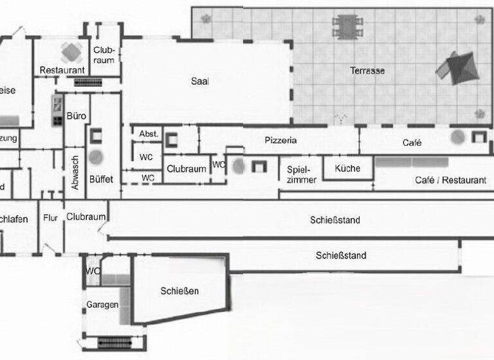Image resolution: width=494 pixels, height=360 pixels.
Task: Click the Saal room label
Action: click(200, 81)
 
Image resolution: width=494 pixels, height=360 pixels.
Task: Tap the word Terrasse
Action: click(368, 70)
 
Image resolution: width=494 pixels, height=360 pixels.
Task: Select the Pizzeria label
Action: click(280, 140)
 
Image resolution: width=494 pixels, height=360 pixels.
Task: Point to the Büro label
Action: click(76, 117)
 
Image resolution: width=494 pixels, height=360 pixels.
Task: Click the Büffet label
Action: click(101, 179)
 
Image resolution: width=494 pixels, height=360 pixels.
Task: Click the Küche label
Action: click(347, 168)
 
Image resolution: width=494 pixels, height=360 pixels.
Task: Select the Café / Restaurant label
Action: click(450, 181)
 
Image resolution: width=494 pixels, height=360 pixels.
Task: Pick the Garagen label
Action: click(102, 305)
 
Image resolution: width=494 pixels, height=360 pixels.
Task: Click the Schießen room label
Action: click(179, 291)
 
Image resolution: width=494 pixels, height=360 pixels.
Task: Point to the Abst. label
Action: click(149, 134)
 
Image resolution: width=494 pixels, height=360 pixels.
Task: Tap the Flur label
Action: click(50, 218)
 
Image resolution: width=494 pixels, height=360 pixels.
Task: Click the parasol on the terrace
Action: click(457, 67)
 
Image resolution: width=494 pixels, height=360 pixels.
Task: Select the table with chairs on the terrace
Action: click(347, 26)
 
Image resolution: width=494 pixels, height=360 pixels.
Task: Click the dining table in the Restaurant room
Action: click(70, 51)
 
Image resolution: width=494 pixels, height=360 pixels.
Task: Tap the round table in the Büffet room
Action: click(96, 156)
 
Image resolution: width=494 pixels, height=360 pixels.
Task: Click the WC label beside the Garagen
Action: click(93, 271)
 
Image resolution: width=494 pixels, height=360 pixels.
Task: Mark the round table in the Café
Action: click(458, 136)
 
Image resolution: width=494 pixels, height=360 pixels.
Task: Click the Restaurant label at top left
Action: click(62, 70)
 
